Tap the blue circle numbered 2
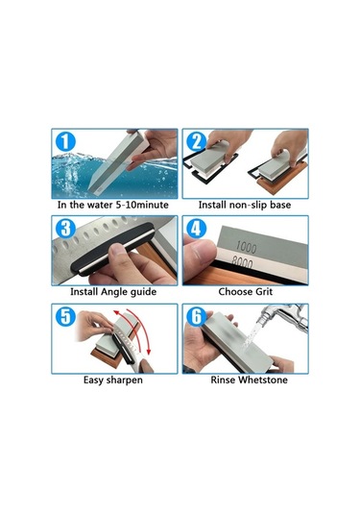[x=196, y=141]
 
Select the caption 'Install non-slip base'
[x=246, y=206]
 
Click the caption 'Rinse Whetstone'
[x=246, y=380]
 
